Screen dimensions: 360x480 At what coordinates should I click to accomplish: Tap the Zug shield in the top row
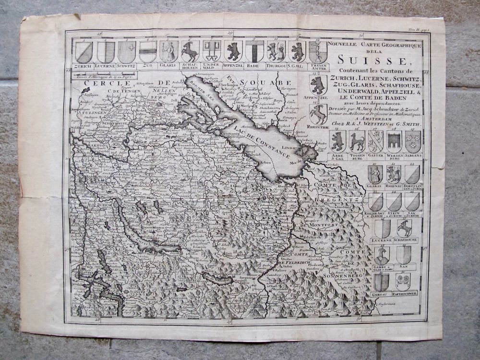[x=148, y=51]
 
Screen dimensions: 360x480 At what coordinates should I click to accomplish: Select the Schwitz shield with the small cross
[x=127, y=51]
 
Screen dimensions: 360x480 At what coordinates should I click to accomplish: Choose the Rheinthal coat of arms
[x=318, y=114]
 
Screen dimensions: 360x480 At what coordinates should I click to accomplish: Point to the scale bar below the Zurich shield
[x=94, y=74]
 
